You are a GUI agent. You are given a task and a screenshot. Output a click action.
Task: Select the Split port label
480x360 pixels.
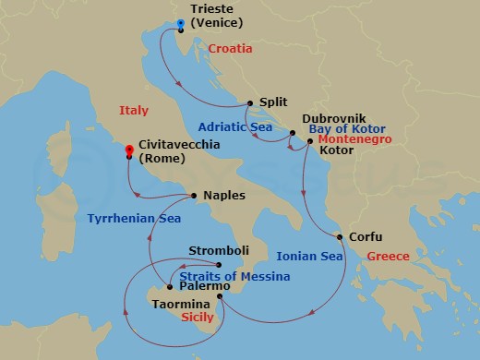pos(272,104)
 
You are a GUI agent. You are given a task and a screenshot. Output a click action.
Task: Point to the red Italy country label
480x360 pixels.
pos(134,111)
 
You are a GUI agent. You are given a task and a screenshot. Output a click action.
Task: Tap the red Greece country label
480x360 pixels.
pos(388,256)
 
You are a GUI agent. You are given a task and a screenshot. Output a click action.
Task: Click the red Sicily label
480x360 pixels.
pos(197,318)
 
